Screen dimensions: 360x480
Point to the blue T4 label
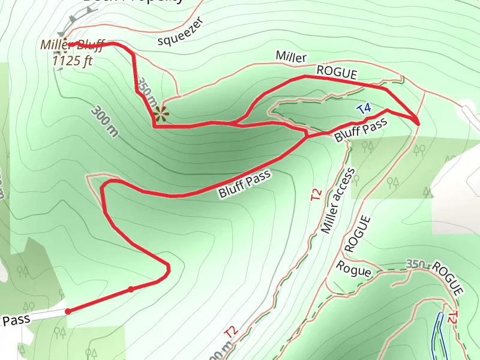364,109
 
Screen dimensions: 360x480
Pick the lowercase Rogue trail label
354,269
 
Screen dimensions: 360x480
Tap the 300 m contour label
104,121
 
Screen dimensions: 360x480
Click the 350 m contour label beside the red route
146,94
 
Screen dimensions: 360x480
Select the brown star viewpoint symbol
160,113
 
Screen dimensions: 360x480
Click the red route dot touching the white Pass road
68,311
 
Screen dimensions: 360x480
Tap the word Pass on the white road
16,320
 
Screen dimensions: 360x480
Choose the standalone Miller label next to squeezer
291,56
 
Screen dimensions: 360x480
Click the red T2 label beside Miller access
316,194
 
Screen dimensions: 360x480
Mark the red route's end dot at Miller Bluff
70,44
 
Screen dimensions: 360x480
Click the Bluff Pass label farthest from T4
245,184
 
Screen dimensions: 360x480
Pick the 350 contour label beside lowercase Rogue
415,264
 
